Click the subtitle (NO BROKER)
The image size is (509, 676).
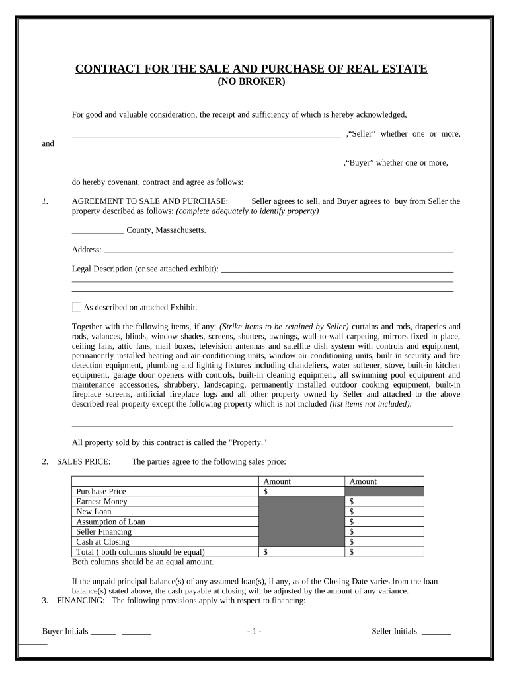coord(251,82)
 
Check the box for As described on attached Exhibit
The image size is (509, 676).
coord(77,307)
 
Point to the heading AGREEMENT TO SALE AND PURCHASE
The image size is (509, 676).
coord(150,201)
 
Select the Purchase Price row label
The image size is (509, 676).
coord(101,492)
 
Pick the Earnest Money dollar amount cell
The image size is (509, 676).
coord(383,502)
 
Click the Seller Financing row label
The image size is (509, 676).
coord(104,531)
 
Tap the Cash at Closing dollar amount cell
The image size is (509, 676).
coord(383,542)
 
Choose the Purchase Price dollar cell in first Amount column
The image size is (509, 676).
coord(301,492)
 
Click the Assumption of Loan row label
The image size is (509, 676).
coord(110,522)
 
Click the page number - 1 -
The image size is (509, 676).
coord(255,632)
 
